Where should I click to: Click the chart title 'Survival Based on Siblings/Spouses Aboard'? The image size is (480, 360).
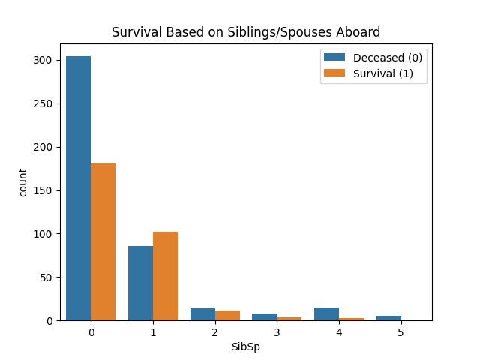(x=246, y=32)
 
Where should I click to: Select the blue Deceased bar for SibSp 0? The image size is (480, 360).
(x=78, y=188)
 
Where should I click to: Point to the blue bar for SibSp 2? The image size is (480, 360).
(x=202, y=314)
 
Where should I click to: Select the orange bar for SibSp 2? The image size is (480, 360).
(x=227, y=316)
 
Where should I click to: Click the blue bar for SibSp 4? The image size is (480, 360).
(x=326, y=313)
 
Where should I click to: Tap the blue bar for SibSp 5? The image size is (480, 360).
(x=388, y=318)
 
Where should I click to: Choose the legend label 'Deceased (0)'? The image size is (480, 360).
(x=388, y=58)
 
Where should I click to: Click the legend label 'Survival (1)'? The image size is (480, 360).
(x=383, y=73)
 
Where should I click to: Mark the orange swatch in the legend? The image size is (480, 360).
(x=334, y=73)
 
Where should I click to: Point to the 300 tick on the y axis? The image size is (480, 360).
(x=50, y=60)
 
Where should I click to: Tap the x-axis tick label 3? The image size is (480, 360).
(x=277, y=331)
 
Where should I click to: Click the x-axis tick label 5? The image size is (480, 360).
(x=400, y=331)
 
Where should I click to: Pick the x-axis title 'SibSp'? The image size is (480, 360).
(x=246, y=347)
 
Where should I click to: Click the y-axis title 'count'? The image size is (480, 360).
(x=22, y=182)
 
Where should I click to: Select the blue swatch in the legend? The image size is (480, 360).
(x=334, y=58)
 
